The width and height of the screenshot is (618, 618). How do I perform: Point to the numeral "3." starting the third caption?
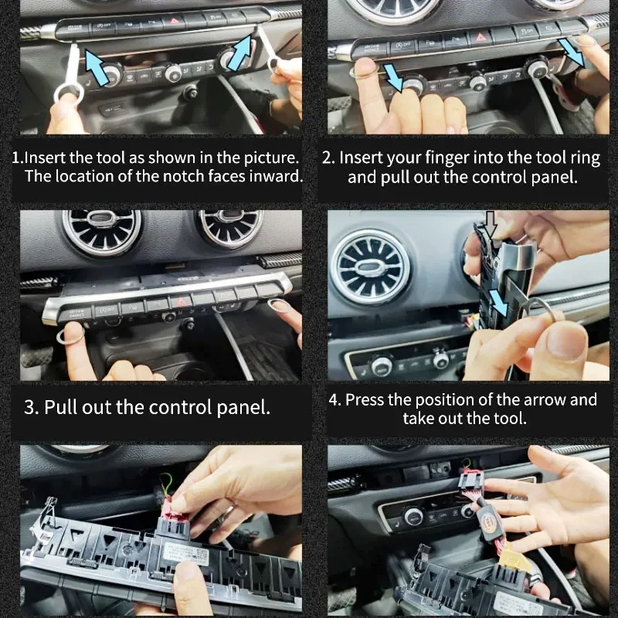tap(31, 407)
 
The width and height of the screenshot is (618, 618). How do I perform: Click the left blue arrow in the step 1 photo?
tap(97, 68)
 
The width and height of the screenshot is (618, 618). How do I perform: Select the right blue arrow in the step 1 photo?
tap(239, 53)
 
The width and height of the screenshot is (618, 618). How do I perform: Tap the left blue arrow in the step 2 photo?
tap(392, 76)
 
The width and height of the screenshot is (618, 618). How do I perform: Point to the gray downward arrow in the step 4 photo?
tap(491, 226)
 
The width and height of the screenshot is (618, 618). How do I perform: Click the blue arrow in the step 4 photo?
tap(497, 303)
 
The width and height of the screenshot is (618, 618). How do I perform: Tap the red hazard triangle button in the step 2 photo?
tap(480, 37)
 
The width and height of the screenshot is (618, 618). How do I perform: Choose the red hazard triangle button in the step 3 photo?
tap(181, 302)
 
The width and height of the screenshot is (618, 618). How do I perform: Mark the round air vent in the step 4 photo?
tap(371, 268)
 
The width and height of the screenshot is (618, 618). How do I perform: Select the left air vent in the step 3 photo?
tap(101, 233)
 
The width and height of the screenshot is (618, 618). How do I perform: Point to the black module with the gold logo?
tap(490, 525)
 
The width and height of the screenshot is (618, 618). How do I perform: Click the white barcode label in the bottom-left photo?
tap(185, 553)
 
